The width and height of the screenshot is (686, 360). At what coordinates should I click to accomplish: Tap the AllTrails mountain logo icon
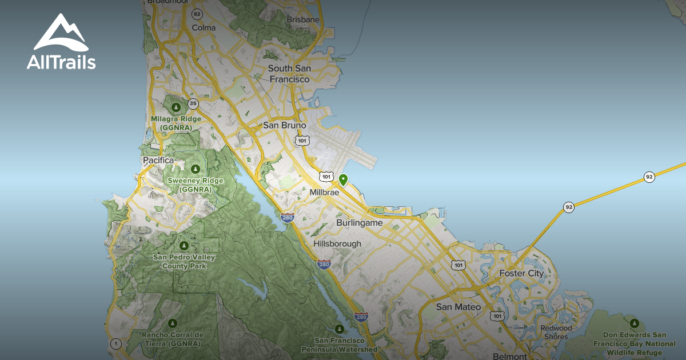[x=61, y=33]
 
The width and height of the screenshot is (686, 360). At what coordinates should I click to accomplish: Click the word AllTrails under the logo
[x=61, y=62]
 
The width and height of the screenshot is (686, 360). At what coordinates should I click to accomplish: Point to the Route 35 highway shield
[x=193, y=103]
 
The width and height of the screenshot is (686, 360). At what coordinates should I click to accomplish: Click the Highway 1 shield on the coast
[x=116, y=343]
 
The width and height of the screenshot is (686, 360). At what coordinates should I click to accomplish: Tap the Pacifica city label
[x=158, y=161]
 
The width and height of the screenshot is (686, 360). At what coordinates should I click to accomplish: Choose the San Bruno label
[x=285, y=125]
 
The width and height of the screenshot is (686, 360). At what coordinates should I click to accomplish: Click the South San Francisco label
[x=289, y=74]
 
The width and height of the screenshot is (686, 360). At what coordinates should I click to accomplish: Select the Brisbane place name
[x=303, y=19]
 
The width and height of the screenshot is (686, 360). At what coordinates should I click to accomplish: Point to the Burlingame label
[x=360, y=222]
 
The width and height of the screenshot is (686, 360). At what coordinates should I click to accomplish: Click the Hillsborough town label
[x=337, y=243]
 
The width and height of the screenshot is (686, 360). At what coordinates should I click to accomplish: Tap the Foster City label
[x=521, y=273]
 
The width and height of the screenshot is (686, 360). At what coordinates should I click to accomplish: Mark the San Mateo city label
[x=458, y=307]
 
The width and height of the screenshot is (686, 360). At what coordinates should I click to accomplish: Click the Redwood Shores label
[x=556, y=332]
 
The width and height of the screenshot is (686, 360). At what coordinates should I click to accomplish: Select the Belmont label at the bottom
[x=509, y=356]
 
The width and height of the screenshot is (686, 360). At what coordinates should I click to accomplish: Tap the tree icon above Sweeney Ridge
[x=196, y=169]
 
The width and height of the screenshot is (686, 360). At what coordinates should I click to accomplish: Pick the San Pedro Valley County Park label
[x=184, y=261]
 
